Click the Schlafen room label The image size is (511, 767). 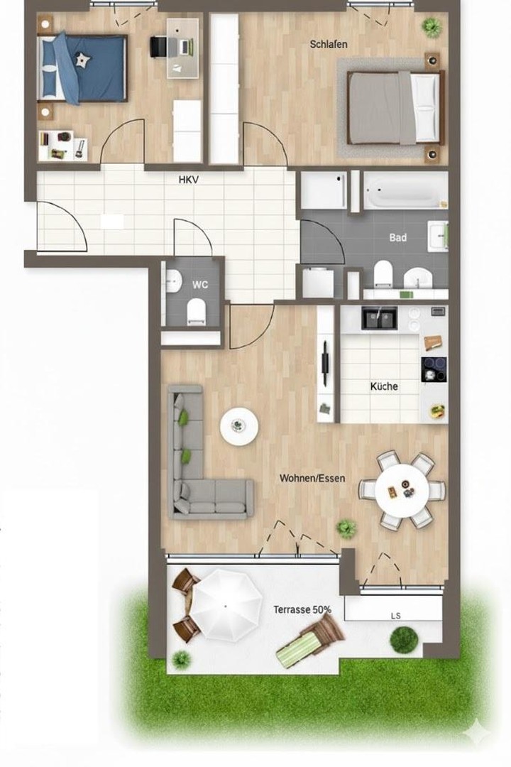click(x=329, y=45)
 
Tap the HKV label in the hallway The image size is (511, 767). click(x=188, y=180)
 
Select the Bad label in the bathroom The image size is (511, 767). click(x=397, y=238)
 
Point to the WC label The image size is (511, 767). click(x=200, y=285)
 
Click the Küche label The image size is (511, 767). click(x=384, y=387)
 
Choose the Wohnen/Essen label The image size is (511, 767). click(x=312, y=479)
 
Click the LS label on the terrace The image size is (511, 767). click(x=395, y=616)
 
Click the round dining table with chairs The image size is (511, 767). click(x=402, y=489)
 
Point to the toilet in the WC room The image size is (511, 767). click(x=197, y=310)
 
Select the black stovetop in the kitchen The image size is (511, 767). click(x=434, y=369)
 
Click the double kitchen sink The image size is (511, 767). click(x=380, y=317)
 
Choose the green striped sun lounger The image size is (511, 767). click(x=309, y=641)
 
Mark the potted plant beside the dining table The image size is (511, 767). click(x=346, y=528)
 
